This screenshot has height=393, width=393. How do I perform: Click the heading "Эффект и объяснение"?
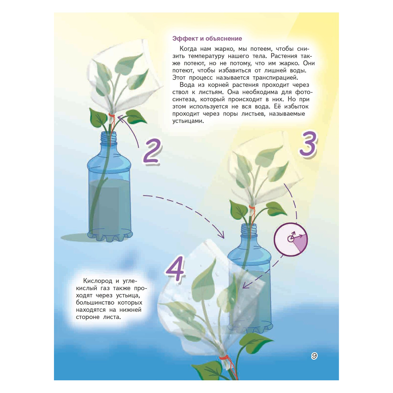click(207, 39)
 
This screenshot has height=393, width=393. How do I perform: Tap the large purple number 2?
click(152, 152)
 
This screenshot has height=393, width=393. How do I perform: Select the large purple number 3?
click(308, 144)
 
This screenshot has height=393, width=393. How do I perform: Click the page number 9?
click(314, 356)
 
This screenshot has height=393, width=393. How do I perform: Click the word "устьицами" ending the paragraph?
click(188, 121)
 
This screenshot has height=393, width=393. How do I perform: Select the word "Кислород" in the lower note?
click(97, 281)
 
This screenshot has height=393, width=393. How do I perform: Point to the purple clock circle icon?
click(291, 239)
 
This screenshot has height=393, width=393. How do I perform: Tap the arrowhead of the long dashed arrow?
click(222, 235)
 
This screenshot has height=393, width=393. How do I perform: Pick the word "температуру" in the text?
click(206, 56)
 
